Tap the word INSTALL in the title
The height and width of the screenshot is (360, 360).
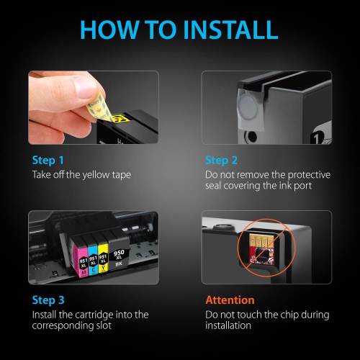pyautogui.click(x=228, y=30)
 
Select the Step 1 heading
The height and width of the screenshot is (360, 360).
pyautogui.click(x=48, y=160)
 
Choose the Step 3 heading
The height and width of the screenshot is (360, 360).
pyautogui.click(x=48, y=300)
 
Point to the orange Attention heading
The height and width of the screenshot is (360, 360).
pyautogui.click(x=230, y=300)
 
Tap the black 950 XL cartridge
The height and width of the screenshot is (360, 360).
pyautogui.click(x=121, y=253)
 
